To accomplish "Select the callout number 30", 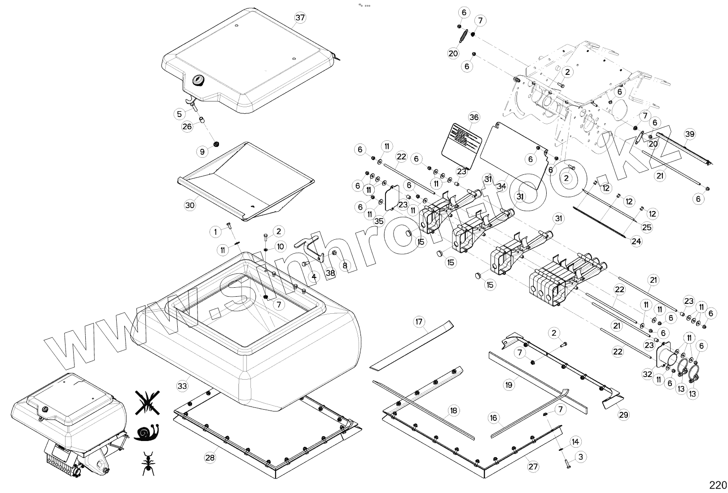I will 190,205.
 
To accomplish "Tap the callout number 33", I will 182,385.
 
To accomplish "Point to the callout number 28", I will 210,457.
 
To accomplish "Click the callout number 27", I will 533,467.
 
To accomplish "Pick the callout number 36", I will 474,117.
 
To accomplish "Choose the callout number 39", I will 690,134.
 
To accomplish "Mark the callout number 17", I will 419,322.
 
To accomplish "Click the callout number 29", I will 623,415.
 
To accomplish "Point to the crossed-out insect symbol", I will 146,401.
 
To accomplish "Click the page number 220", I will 718,485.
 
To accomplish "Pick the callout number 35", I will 379,221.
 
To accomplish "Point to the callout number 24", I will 636,241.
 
